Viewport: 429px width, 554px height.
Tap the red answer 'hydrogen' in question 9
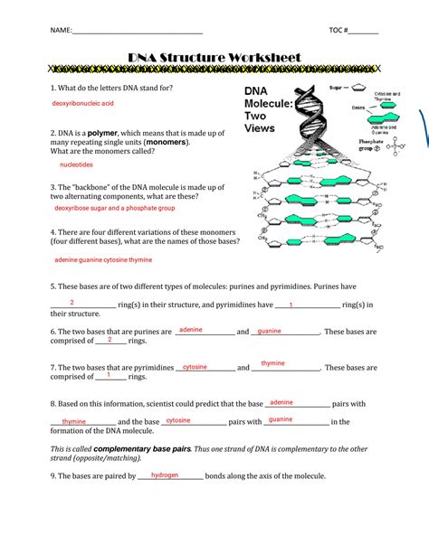pos(165,474)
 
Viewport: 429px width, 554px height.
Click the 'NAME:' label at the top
pos(62,31)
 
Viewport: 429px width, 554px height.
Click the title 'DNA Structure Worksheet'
pos(214,58)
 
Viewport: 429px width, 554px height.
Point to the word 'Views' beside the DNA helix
pos(260,127)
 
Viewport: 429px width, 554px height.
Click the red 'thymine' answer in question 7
pos(272,363)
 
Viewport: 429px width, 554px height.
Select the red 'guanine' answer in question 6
pos(269,331)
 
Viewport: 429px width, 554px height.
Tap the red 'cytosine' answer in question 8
pos(178,420)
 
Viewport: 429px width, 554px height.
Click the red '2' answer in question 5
pos(71,302)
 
